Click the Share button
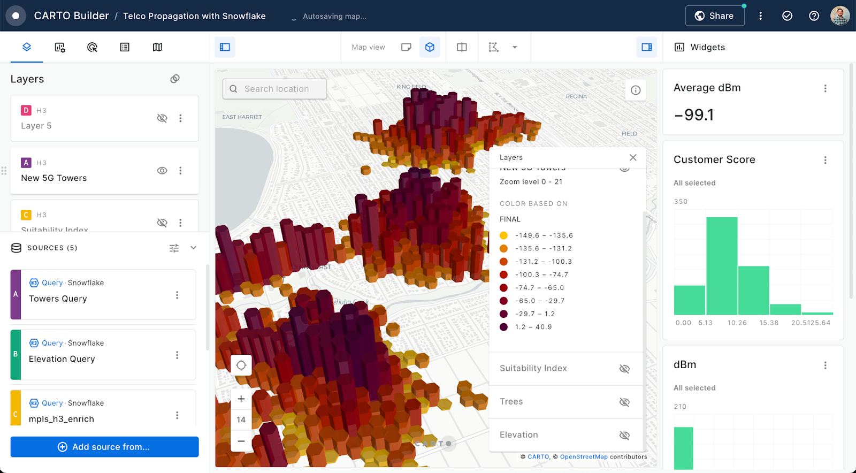pyautogui.click(x=715, y=16)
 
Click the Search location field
pyautogui.click(x=276, y=89)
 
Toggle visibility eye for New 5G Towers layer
pyautogui.click(x=162, y=171)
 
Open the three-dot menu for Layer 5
pyautogui.click(x=180, y=118)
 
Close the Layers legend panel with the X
pyautogui.click(x=633, y=157)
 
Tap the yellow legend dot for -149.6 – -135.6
pyautogui.click(x=503, y=235)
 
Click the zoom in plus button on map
pyautogui.click(x=241, y=399)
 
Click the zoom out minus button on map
pyautogui.click(x=241, y=441)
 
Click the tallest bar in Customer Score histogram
pyautogui.click(x=722, y=265)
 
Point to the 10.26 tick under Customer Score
pyautogui.click(x=737, y=323)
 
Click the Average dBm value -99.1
pyautogui.click(x=694, y=115)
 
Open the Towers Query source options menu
pyautogui.click(x=177, y=295)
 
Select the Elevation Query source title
pyautogui.click(x=62, y=359)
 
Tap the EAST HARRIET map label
pyautogui.click(x=242, y=117)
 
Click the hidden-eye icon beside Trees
pyautogui.click(x=624, y=402)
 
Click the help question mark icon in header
pyautogui.click(x=814, y=16)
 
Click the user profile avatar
pyautogui.click(x=840, y=16)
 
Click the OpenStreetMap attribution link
pyautogui.click(x=584, y=457)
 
